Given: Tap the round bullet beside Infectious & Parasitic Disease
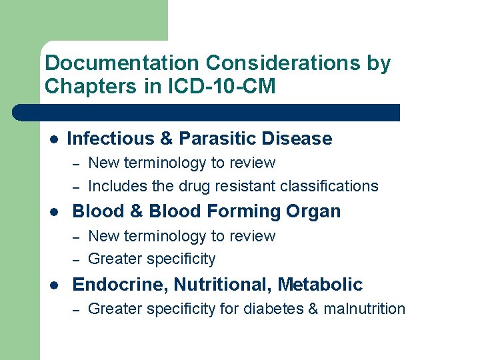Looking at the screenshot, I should pyautogui.click(x=53, y=139).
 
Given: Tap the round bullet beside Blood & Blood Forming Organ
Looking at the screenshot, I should pyautogui.click(x=53, y=212).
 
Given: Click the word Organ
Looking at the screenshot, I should pyautogui.click(x=313, y=212).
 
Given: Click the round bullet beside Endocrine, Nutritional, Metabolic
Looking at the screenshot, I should pyautogui.click(x=53, y=285).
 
